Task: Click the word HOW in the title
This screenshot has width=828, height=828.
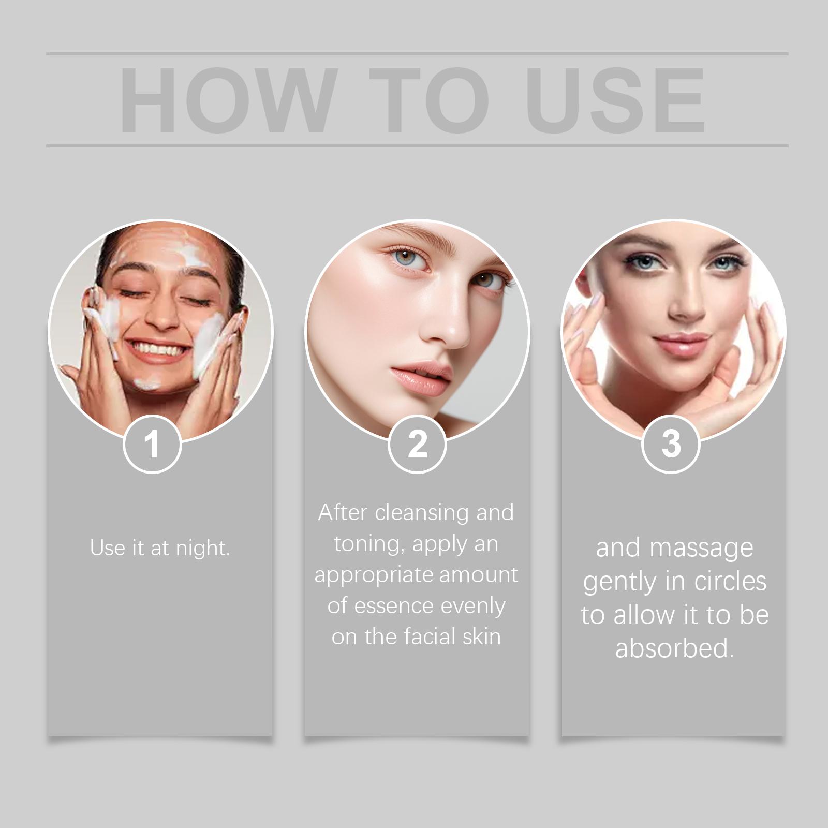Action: tap(226, 100)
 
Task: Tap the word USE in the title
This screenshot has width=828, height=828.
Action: tap(617, 100)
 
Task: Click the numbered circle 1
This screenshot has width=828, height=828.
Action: tap(152, 444)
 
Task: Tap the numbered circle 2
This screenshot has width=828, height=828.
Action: tap(417, 444)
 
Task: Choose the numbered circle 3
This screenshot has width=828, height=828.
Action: tap(671, 444)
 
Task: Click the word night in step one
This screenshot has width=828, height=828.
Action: tap(203, 548)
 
